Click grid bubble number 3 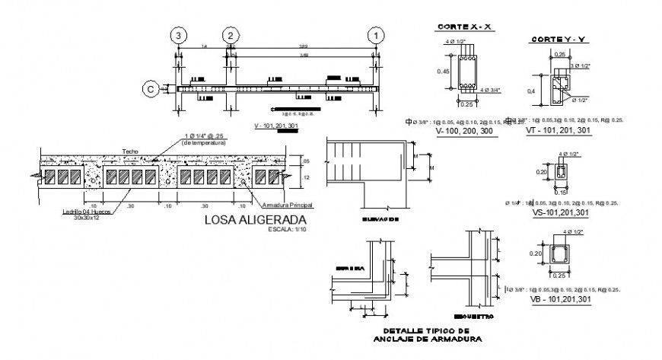coord(178,36)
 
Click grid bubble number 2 coord(229,36)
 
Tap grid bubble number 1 coord(375,36)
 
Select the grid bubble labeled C coord(151,89)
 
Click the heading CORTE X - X coord(466,27)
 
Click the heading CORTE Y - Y coord(560,39)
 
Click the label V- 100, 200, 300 coord(464,132)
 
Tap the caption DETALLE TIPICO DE coord(421,330)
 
